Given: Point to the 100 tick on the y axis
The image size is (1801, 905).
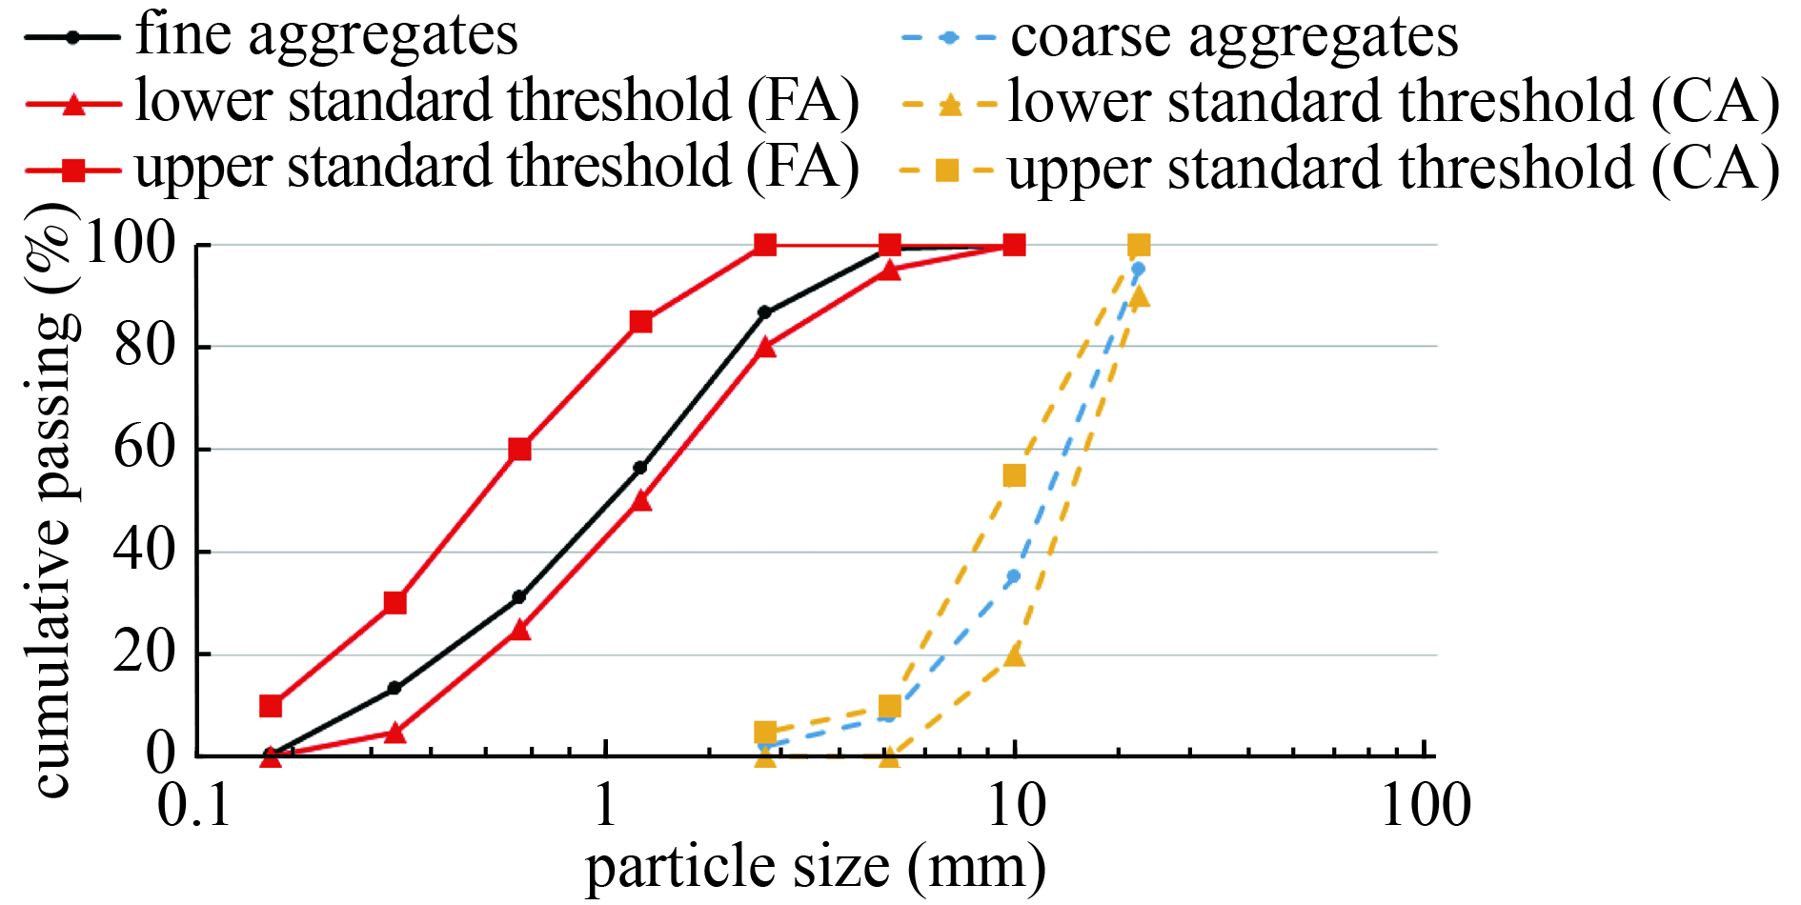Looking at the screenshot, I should tap(132, 244).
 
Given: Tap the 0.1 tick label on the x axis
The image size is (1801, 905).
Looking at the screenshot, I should tap(194, 806).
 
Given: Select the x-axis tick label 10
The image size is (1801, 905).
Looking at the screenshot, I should tap(1016, 806).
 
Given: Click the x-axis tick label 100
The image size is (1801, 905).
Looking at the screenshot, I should tap(1426, 806).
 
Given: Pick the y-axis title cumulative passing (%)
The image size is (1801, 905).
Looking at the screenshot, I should tap(51, 499).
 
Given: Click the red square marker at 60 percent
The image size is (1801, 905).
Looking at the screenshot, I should tap(519, 449).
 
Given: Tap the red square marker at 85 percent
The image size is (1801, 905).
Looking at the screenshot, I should tap(641, 322).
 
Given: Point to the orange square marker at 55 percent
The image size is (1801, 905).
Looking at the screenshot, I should tap(1015, 475).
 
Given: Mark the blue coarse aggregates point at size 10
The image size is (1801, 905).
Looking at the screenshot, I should tap(1013, 576).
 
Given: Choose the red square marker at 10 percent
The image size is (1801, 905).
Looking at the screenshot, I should tap(271, 706).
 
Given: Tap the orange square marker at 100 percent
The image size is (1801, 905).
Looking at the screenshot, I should tap(1139, 246).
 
